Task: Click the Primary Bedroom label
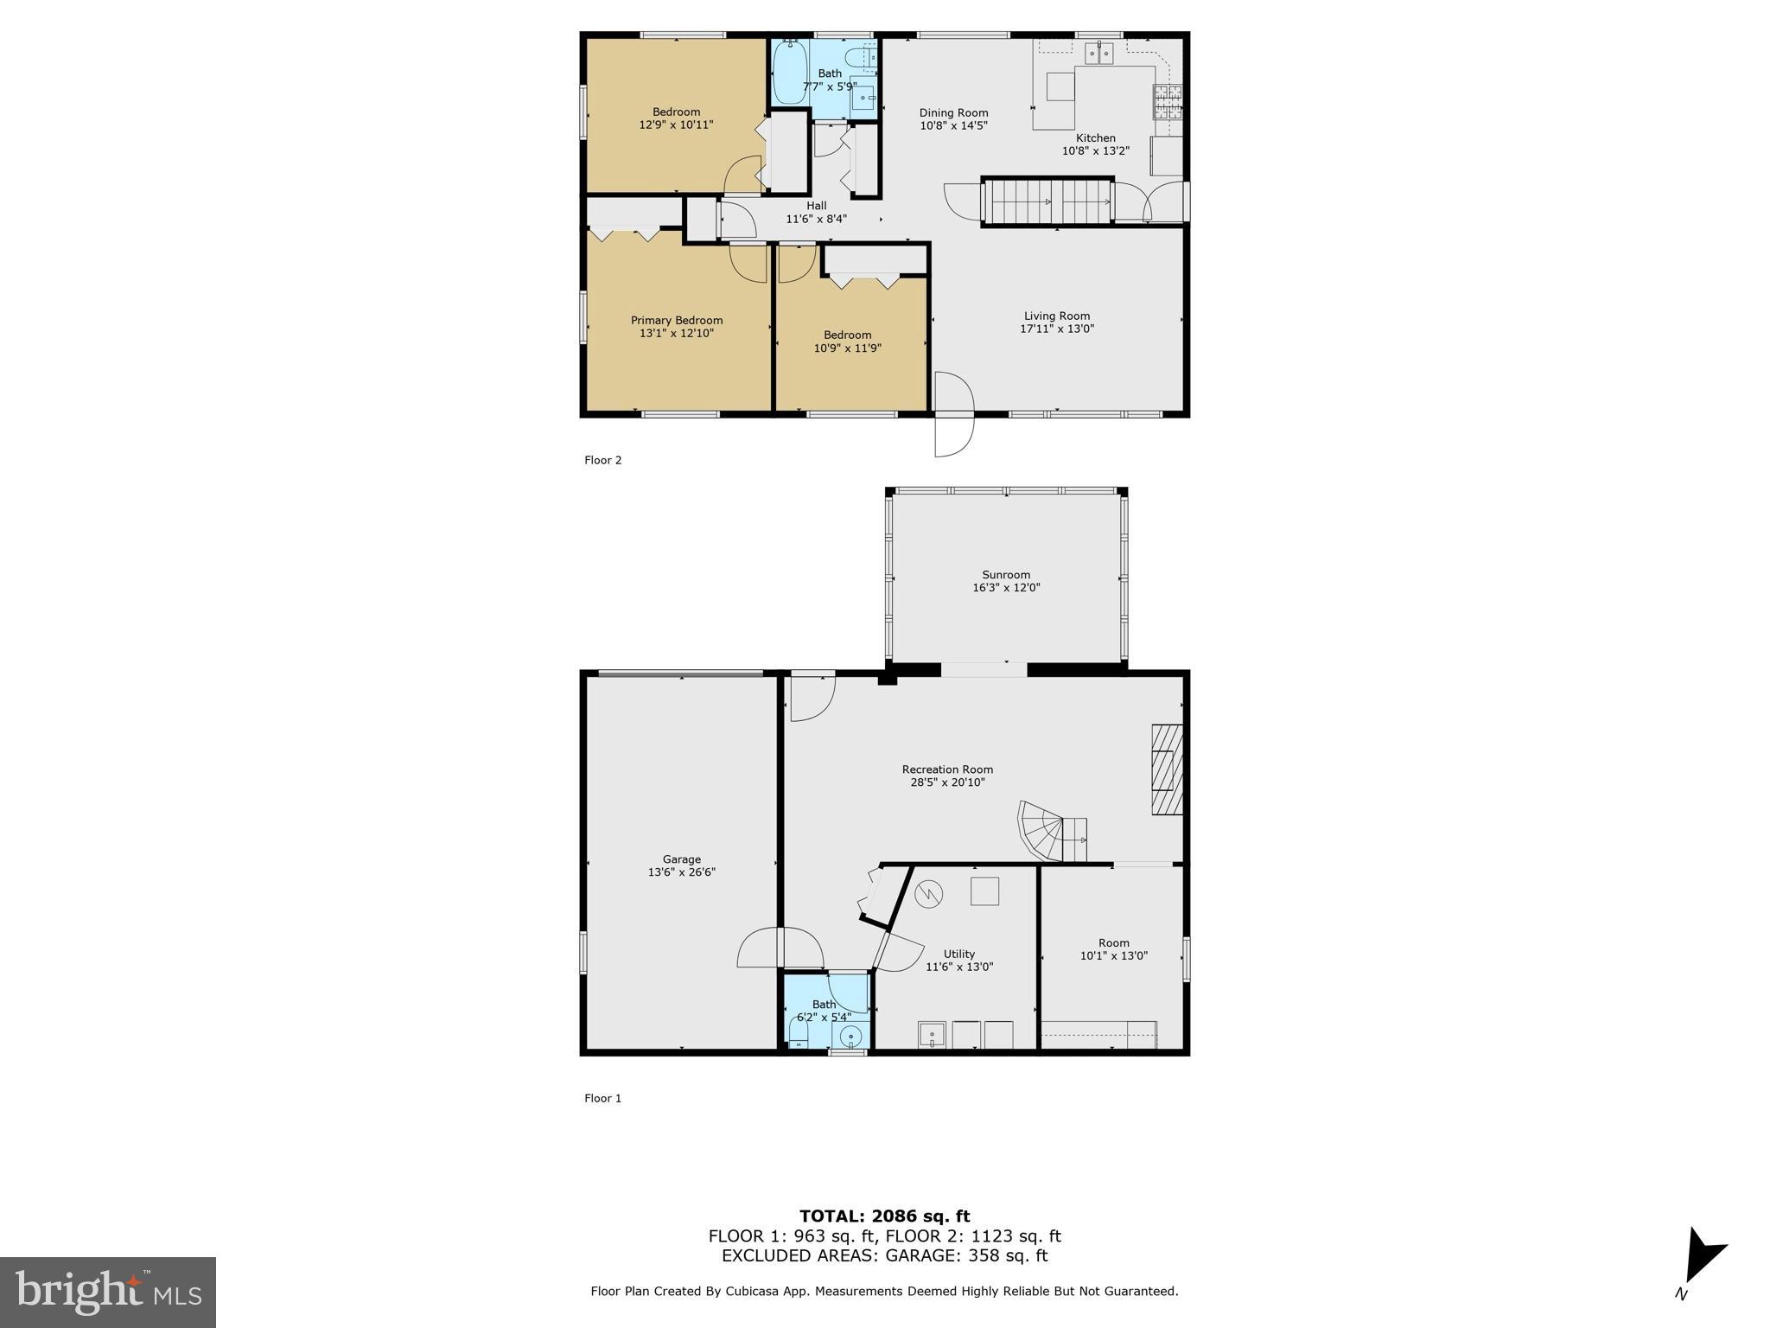click(x=676, y=320)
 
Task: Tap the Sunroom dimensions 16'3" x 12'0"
click(x=1006, y=588)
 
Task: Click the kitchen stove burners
click(x=1167, y=103)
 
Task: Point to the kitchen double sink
click(x=1098, y=54)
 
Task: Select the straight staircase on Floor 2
click(x=1049, y=201)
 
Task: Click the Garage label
click(x=681, y=859)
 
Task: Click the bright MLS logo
click(x=108, y=1292)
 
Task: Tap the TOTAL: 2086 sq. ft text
click(x=884, y=1216)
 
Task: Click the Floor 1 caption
click(x=602, y=1098)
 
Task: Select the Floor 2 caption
click(x=602, y=460)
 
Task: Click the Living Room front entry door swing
click(x=953, y=413)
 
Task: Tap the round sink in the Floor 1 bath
click(x=851, y=1035)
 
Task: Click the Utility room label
click(x=959, y=954)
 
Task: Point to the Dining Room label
click(x=953, y=112)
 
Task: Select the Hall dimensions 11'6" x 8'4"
click(x=816, y=219)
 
